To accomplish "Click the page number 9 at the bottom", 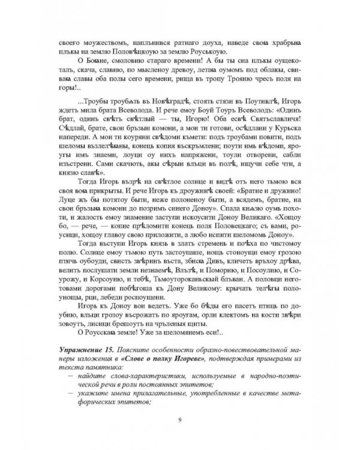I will [x=180, y=420].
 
